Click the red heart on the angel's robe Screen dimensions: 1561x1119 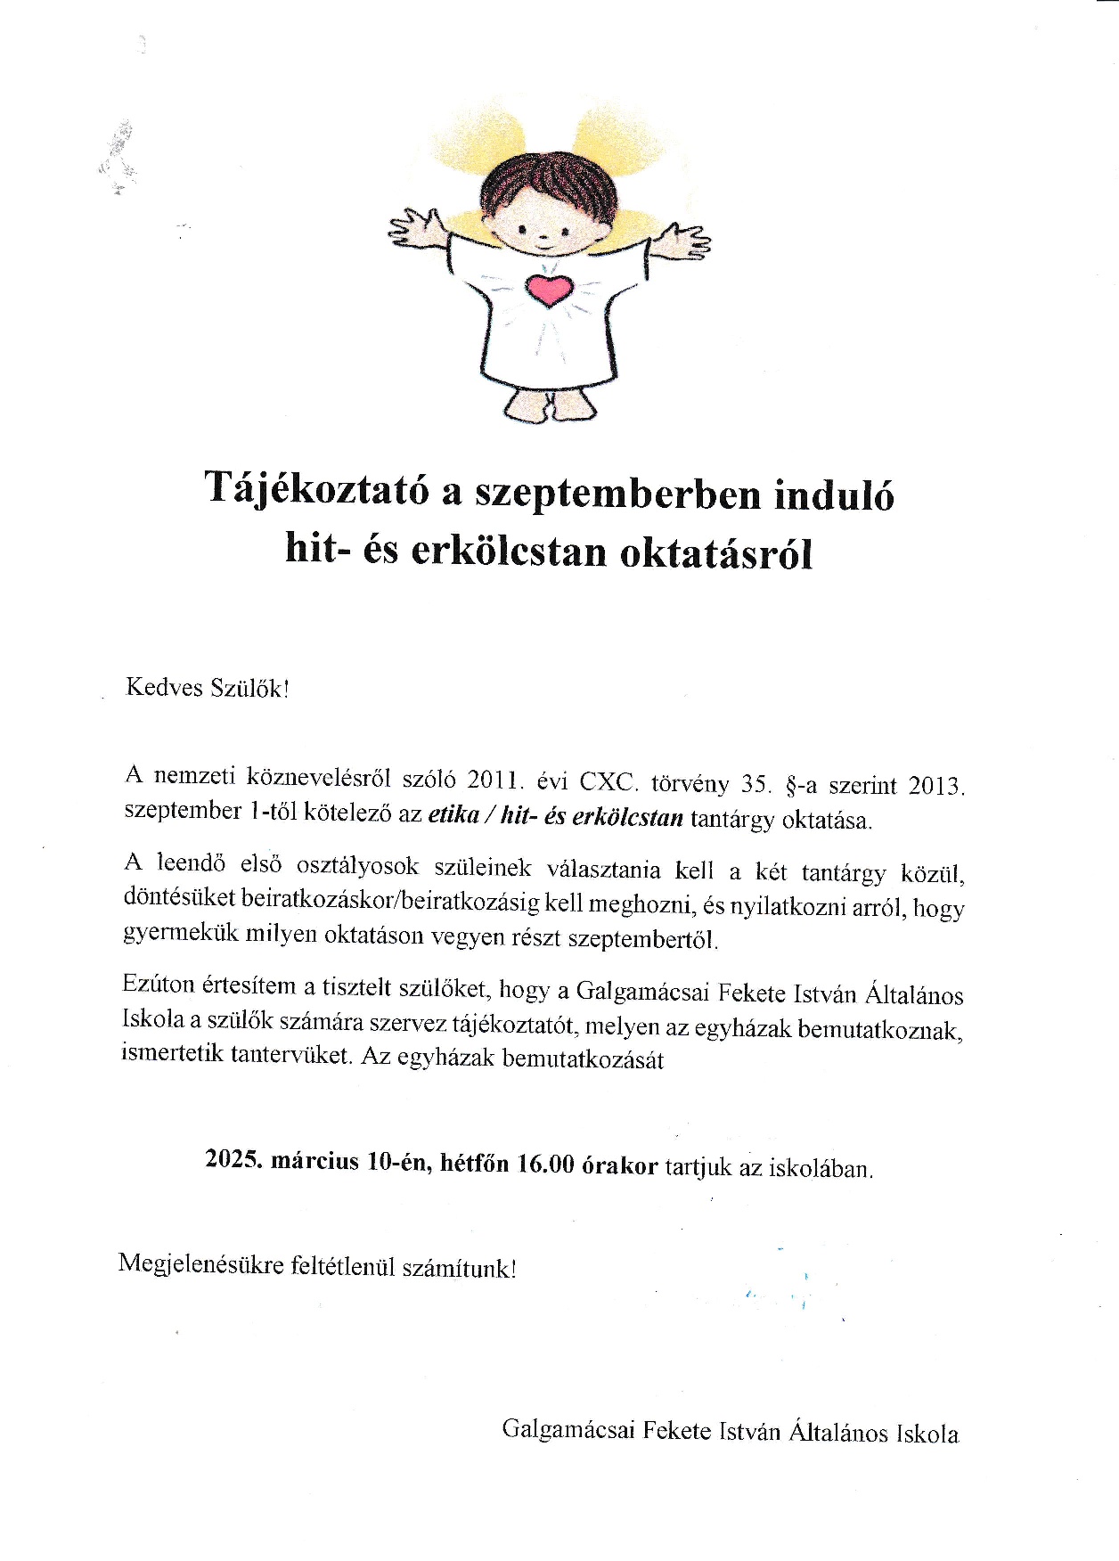pos(548,289)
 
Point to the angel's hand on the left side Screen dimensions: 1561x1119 pos(413,229)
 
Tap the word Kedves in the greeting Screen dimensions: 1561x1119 pos(165,688)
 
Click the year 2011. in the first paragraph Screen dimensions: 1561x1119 pos(494,780)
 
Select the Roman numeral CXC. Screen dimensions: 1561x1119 pos(609,782)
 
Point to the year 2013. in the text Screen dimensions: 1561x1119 pos(936,787)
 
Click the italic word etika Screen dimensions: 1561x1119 pos(454,816)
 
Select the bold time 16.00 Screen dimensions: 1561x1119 pos(545,1165)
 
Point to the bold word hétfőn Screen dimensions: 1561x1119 pos(473,1163)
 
